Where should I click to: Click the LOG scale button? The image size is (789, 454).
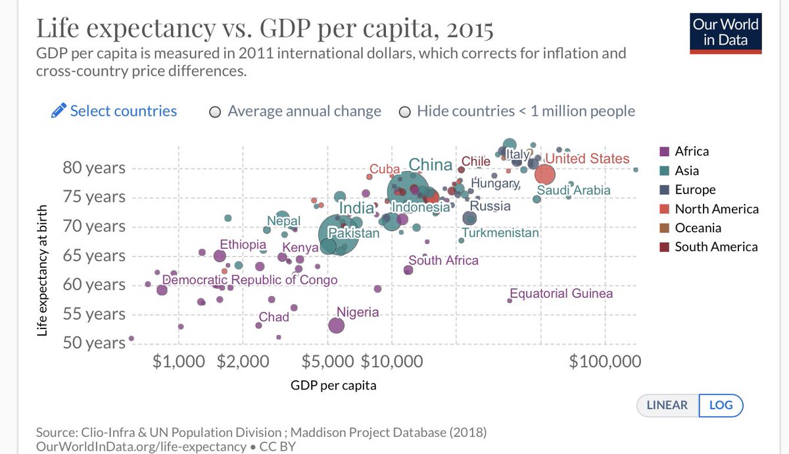pos(721,405)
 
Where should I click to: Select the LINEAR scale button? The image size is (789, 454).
pos(667,405)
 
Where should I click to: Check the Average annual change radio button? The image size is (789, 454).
pos(215,112)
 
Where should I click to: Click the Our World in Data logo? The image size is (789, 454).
pos(725,32)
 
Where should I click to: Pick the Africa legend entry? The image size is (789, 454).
pos(691,151)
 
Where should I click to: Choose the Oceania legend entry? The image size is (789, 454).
pos(698,228)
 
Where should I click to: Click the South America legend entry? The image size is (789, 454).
pos(715,247)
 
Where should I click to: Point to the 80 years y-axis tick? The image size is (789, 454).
pos(94,168)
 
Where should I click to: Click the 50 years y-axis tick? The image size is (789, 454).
pos(94,343)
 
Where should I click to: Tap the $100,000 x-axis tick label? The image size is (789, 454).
pos(604,361)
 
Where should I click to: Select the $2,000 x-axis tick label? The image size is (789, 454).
pos(243,361)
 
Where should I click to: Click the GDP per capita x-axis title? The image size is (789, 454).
pos(333,386)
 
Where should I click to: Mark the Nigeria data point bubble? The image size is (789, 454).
pos(337,325)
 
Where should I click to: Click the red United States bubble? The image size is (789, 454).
pos(545,174)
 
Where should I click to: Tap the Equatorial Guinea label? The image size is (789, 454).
pos(561,293)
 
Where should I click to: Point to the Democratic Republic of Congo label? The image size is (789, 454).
pos(250,280)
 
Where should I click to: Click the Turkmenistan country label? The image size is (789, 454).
pos(500,233)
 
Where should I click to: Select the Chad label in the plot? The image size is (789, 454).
pos(274,317)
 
